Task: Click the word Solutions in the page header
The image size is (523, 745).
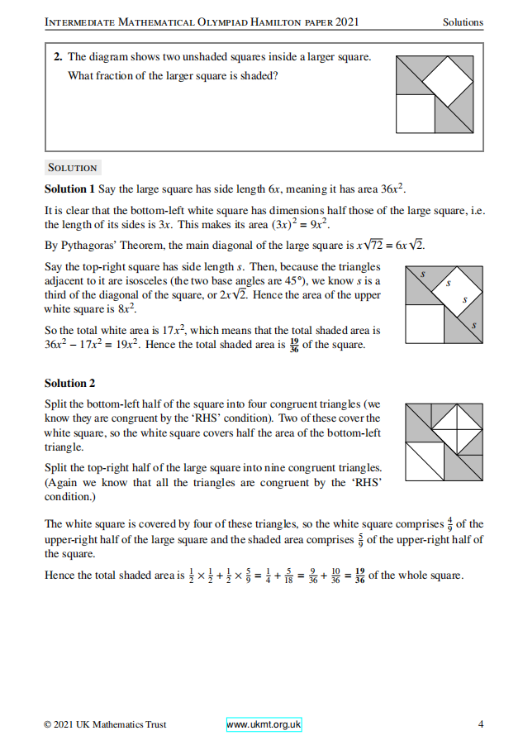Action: pyautogui.click(x=463, y=21)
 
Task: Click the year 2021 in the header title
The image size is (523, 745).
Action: pyautogui.click(x=342, y=21)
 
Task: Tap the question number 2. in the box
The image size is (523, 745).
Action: pyautogui.click(x=58, y=57)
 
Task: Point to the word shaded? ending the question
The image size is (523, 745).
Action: pyautogui.click(x=259, y=76)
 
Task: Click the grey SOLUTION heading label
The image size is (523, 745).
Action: pyautogui.click(x=73, y=168)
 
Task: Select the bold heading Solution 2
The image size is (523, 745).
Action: pyautogui.click(x=70, y=383)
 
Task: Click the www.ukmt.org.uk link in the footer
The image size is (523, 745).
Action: pyautogui.click(x=264, y=724)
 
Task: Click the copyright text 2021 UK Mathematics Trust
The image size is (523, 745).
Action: pyautogui.click(x=109, y=724)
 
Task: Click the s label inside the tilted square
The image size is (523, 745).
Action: pyautogui.click(x=449, y=283)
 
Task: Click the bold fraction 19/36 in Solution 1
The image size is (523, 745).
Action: pyautogui.click(x=295, y=345)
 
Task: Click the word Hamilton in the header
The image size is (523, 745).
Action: pyautogui.click(x=287, y=21)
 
